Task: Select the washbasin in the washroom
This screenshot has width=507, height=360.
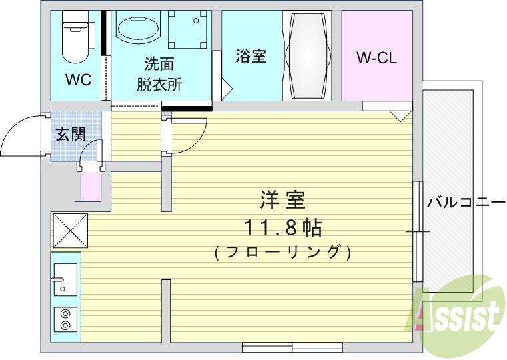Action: [138, 29]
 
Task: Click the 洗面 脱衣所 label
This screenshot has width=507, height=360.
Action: [159, 75]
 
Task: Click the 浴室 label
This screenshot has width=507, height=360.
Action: [251, 57]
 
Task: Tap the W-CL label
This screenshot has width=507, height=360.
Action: [376, 58]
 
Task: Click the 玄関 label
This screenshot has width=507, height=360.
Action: [70, 134]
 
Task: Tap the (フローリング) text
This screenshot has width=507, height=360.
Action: [282, 253]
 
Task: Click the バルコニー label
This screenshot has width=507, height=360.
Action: [466, 201]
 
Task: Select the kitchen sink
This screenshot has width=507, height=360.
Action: [65, 279]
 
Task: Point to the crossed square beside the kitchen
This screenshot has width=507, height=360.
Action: [70, 230]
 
